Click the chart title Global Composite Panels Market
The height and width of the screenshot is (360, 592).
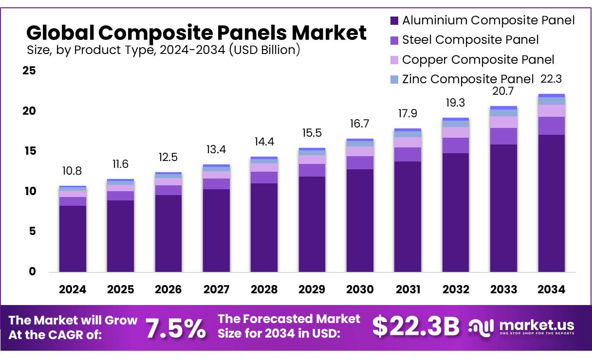point(196,33)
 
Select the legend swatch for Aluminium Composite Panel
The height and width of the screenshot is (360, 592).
point(395,21)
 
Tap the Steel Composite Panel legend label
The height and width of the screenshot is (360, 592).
point(470,40)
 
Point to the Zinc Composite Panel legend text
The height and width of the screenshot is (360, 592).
point(468,79)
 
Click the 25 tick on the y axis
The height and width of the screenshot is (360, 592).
point(29,71)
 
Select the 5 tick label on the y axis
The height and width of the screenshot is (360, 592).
point(33,232)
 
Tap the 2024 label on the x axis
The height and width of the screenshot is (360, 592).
point(73,289)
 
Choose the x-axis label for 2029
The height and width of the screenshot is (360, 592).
point(312,289)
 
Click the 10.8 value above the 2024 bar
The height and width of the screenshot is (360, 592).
point(73,172)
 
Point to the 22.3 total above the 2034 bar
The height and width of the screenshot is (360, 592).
point(552,79)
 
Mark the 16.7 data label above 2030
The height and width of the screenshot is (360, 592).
point(360,124)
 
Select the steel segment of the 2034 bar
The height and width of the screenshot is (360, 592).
point(552,126)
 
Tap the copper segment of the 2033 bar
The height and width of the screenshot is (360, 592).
point(503,122)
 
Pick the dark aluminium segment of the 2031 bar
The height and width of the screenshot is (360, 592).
point(408,216)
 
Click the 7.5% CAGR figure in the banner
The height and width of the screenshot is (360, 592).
point(176,328)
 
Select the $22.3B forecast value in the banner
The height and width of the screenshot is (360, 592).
point(416,327)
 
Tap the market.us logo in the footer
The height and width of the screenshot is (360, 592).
point(521,326)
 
